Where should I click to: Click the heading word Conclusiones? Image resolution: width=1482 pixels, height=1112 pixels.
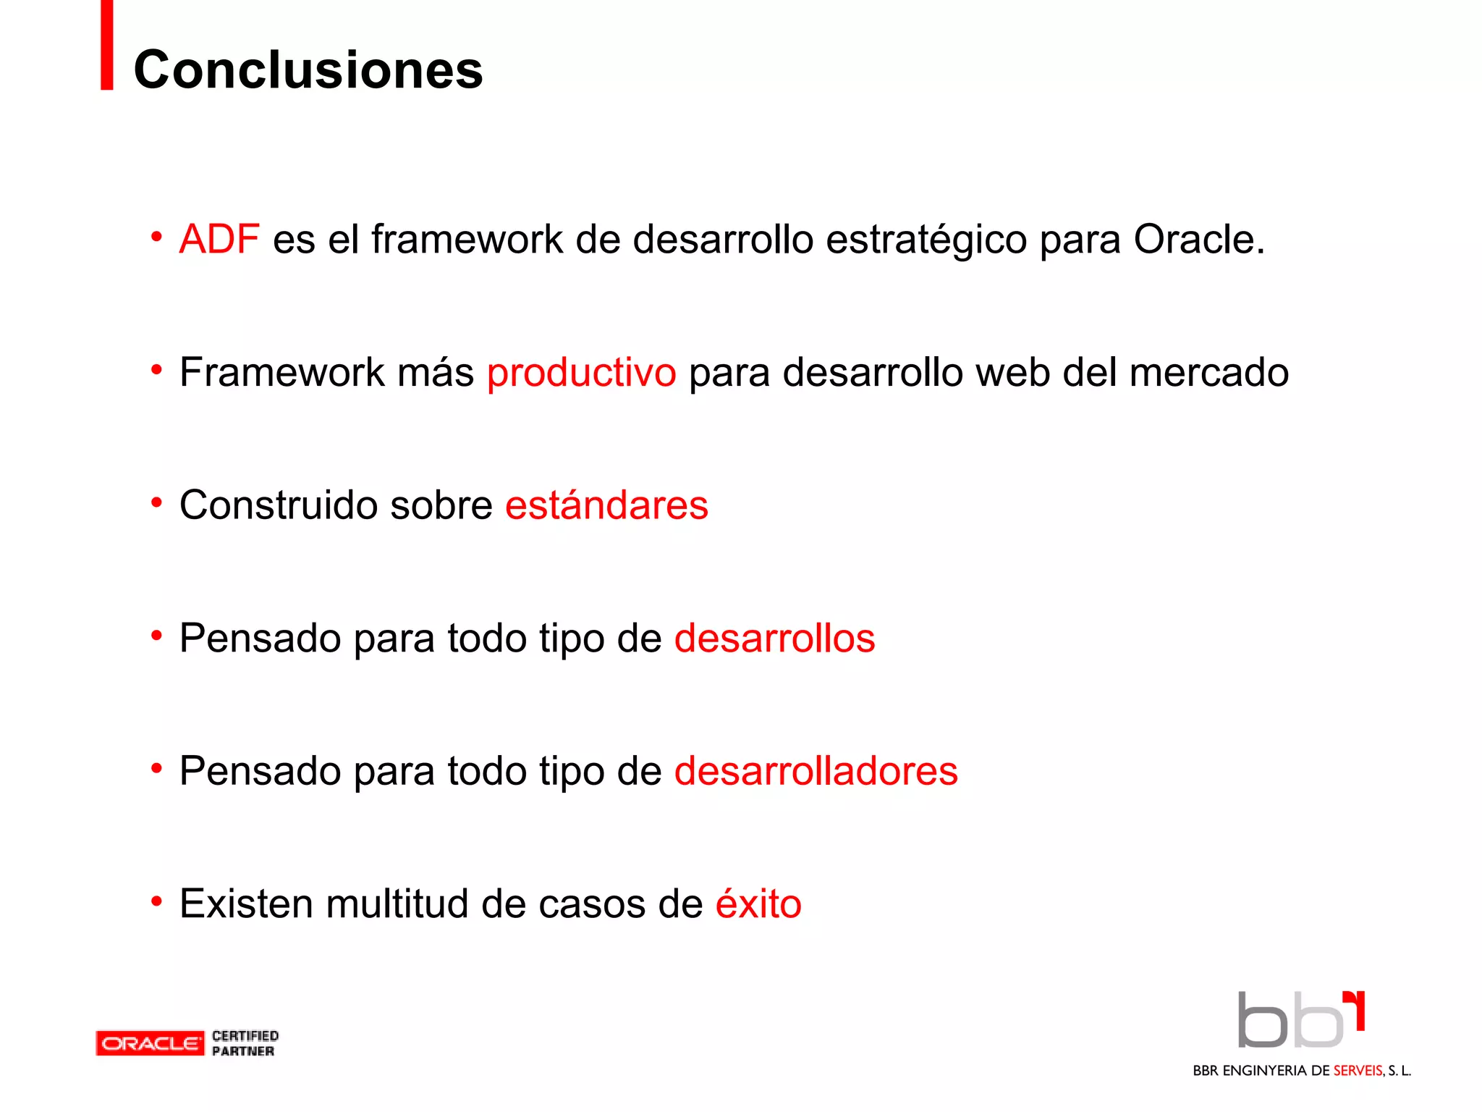coord(308,70)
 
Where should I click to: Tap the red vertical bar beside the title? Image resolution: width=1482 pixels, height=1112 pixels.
coord(107,45)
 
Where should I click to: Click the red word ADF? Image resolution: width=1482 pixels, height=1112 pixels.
coord(219,239)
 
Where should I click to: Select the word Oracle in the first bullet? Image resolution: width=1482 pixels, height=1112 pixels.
coord(1198,239)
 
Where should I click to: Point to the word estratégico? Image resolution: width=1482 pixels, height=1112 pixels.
coord(926,240)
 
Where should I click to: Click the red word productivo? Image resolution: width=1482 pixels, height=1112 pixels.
coord(581,373)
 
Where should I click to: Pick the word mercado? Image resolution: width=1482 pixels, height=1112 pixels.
coord(1208,372)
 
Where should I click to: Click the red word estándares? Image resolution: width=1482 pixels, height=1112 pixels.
coord(606,505)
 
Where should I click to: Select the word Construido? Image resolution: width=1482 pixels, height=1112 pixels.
coord(279,505)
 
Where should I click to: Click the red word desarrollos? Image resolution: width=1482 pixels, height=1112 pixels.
coord(774,638)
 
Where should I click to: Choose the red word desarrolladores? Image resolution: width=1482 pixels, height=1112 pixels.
coord(816,770)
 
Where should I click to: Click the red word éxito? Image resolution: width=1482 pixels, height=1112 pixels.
coord(758,903)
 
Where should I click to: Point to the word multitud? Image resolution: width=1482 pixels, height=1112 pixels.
coord(397,903)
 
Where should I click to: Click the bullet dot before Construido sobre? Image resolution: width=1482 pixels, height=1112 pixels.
coord(156,502)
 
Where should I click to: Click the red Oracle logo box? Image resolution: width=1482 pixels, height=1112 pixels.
coord(150,1043)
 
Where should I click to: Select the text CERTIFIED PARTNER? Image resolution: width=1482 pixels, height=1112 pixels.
coord(245,1043)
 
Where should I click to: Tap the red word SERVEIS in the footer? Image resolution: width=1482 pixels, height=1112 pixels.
coord(1358,1071)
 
